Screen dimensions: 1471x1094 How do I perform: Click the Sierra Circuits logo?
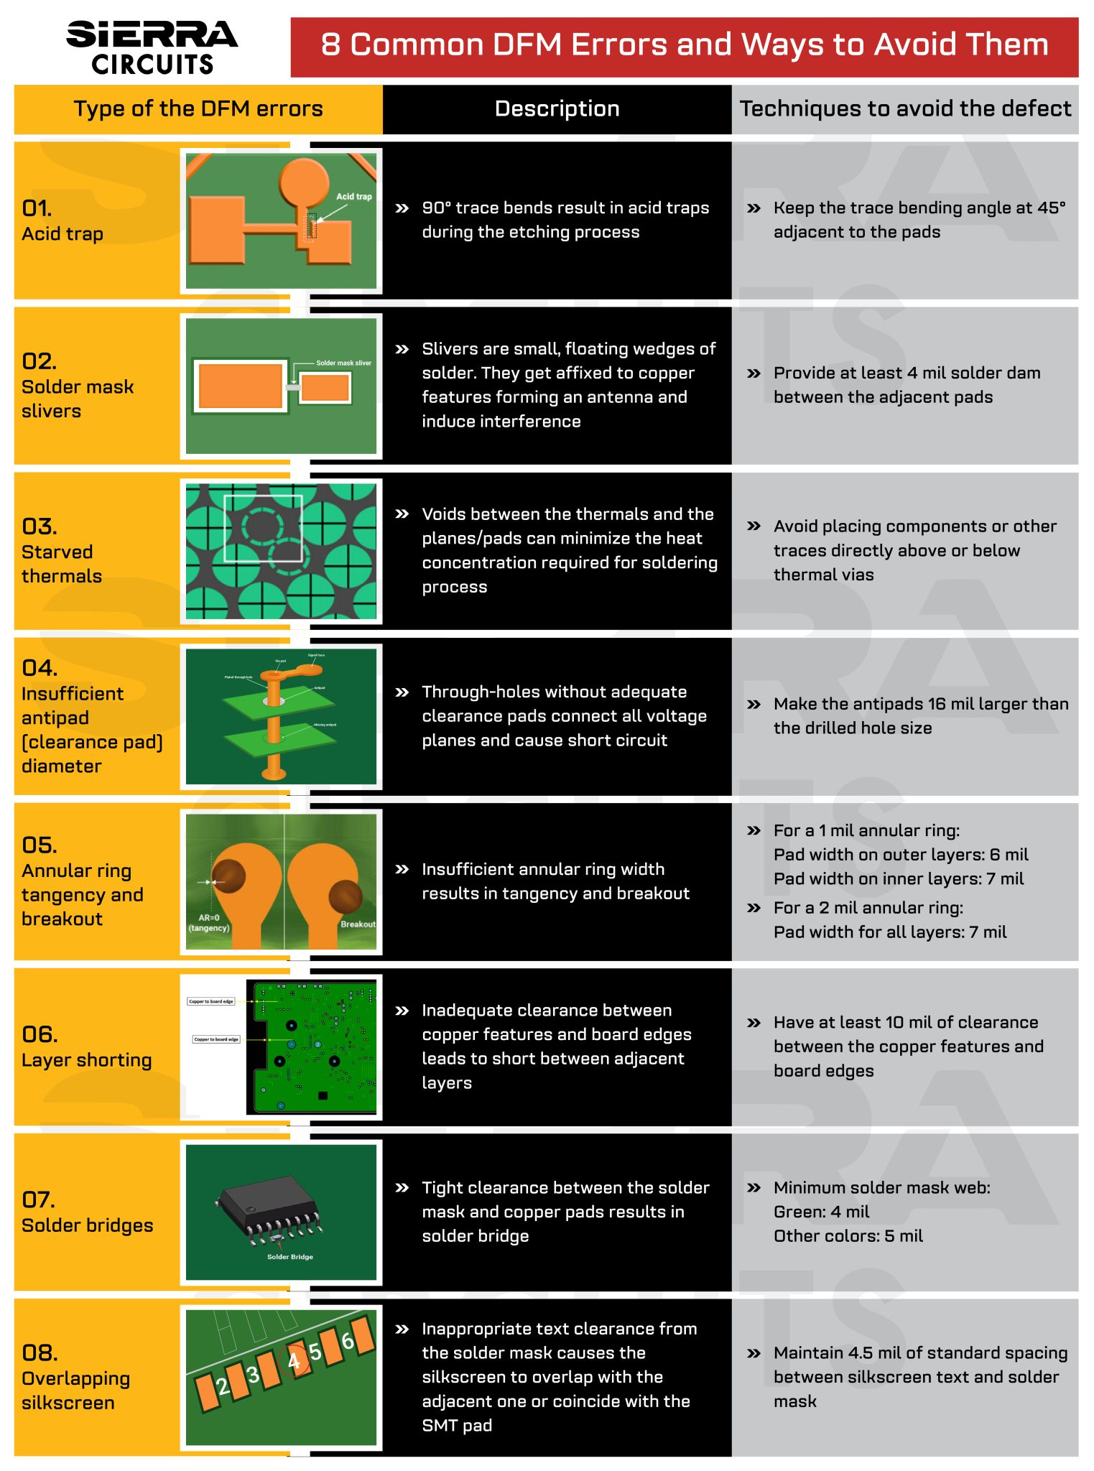[152, 47]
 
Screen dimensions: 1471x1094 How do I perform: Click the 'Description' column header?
[557, 109]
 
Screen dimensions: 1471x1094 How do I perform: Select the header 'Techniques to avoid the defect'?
[904, 109]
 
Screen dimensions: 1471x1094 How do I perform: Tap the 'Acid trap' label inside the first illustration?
[354, 196]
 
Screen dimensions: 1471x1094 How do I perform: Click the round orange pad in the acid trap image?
[305, 180]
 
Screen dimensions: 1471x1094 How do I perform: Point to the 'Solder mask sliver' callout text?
[343, 363]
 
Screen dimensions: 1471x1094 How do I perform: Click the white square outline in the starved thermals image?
[263, 528]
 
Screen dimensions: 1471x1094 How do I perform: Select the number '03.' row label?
[40, 526]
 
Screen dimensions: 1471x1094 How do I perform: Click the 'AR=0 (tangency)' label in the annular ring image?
[209, 923]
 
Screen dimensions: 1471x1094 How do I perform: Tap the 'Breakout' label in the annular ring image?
[358, 924]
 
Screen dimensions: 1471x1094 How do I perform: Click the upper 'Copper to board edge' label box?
[211, 1001]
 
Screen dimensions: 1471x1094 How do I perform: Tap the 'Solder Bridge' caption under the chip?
[289, 1257]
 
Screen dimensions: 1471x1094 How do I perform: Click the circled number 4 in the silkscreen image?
[295, 1360]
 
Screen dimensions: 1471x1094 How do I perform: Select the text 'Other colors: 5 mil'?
[848, 1236]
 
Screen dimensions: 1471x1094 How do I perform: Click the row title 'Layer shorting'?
[87, 1060]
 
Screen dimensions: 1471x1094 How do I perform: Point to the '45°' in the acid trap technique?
[1051, 208]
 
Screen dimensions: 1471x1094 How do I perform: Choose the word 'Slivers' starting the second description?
[450, 349]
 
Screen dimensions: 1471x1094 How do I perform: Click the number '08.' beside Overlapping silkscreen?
[40, 1353]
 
